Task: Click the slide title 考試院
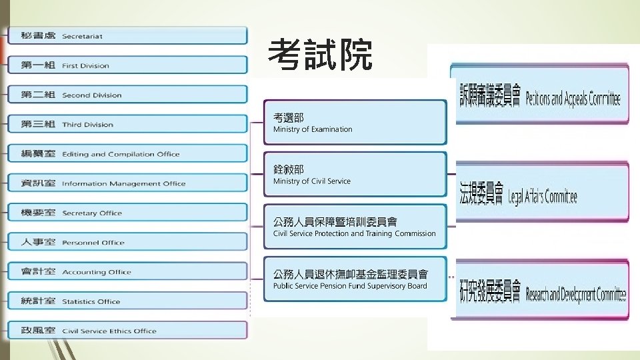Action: point(319,55)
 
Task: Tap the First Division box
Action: point(127,65)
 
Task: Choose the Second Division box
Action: point(127,95)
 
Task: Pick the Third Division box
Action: point(127,124)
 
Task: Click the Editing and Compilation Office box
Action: point(127,154)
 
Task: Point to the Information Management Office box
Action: point(127,183)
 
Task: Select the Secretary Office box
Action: point(127,213)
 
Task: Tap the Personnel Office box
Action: point(127,242)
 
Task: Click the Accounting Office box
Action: point(127,271)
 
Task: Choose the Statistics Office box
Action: point(127,301)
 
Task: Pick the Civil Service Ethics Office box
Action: point(127,330)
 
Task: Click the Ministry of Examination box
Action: point(355,122)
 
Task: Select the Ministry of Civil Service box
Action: point(355,174)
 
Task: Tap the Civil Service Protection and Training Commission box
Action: point(355,226)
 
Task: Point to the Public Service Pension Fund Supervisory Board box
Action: point(355,279)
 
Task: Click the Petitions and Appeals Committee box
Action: point(540,94)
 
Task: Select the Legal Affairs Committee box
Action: point(540,193)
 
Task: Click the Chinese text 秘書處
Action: point(38,36)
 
